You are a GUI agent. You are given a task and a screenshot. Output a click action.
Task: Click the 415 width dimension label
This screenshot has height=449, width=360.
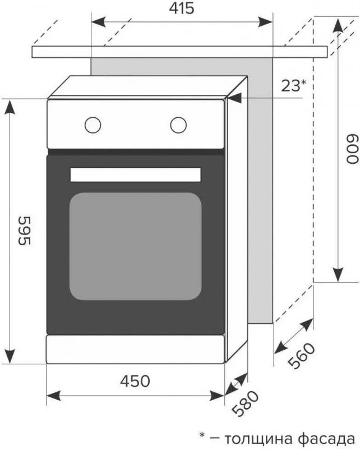tap(182, 8)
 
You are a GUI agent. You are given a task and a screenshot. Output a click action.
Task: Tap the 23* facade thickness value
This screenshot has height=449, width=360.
tap(294, 85)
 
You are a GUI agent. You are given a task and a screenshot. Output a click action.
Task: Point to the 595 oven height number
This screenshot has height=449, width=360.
tap(24, 231)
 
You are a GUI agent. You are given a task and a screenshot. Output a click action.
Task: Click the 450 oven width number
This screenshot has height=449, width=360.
tap(135, 381)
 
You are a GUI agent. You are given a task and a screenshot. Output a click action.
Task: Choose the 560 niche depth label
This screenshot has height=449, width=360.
tap(301, 356)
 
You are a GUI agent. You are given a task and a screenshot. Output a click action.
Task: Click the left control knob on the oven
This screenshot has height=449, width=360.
tap(93, 125)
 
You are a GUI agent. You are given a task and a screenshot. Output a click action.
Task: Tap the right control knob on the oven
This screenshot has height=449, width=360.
tap(178, 125)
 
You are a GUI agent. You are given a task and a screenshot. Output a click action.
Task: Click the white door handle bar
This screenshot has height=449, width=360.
tap(135, 175)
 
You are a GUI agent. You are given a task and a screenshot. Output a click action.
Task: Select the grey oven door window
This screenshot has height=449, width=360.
tap(135, 246)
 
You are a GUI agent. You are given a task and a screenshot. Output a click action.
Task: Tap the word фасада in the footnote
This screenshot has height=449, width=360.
tap(326, 439)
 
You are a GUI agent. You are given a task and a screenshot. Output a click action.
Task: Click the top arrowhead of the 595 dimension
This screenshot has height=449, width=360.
tap(10, 107)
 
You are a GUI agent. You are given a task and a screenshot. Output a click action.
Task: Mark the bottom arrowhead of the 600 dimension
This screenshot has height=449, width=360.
tap(338, 275)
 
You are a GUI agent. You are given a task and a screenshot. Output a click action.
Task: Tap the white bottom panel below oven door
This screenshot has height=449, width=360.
tap(135, 349)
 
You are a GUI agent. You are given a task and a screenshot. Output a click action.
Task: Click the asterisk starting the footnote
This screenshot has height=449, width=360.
tap(202, 436)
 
